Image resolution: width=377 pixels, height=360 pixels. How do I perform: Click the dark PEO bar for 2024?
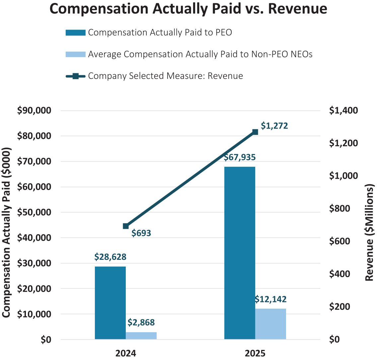pyautogui.click(x=110, y=303)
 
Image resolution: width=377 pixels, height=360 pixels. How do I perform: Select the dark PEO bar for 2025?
pyautogui.click(x=240, y=253)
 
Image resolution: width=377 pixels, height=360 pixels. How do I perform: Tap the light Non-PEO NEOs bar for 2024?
pyautogui.click(x=141, y=335)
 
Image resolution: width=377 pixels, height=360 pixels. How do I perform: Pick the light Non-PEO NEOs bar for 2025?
pyautogui.click(x=270, y=324)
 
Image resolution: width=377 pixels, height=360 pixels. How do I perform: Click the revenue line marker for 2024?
pyautogui.click(x=126, y=226)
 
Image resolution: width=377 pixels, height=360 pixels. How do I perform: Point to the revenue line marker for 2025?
pyautogui.click(x=255, y=132)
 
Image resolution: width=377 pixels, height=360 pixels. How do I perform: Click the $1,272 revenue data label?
pyautogui.click(x=274, y=126)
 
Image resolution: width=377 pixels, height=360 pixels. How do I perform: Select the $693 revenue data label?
pyautogui.click(x=141, y=233)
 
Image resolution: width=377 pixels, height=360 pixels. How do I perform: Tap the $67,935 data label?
pyautogui.click(x=240, y=157)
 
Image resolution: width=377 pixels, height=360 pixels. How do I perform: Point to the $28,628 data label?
pyautogui.click(x=110, y=257)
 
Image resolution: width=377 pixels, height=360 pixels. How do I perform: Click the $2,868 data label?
pyautogui.click(x=141, y=323)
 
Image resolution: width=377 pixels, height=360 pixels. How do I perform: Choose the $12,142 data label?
pyautogui.click(x=270, y=299)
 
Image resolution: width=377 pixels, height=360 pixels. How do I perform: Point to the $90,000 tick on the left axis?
pyautogui.click(x=34, y=110)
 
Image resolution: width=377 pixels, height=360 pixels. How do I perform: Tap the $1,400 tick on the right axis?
pyautogui.click(x=343, y=110)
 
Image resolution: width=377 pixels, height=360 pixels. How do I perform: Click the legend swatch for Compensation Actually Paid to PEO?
pyautogui.click(x=76, y=32)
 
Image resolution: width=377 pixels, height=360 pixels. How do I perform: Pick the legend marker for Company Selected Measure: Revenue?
pyautogui.click(x=76, y=76)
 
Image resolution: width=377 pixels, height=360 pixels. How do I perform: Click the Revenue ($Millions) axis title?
pyautogui.click(x=369, y=232)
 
